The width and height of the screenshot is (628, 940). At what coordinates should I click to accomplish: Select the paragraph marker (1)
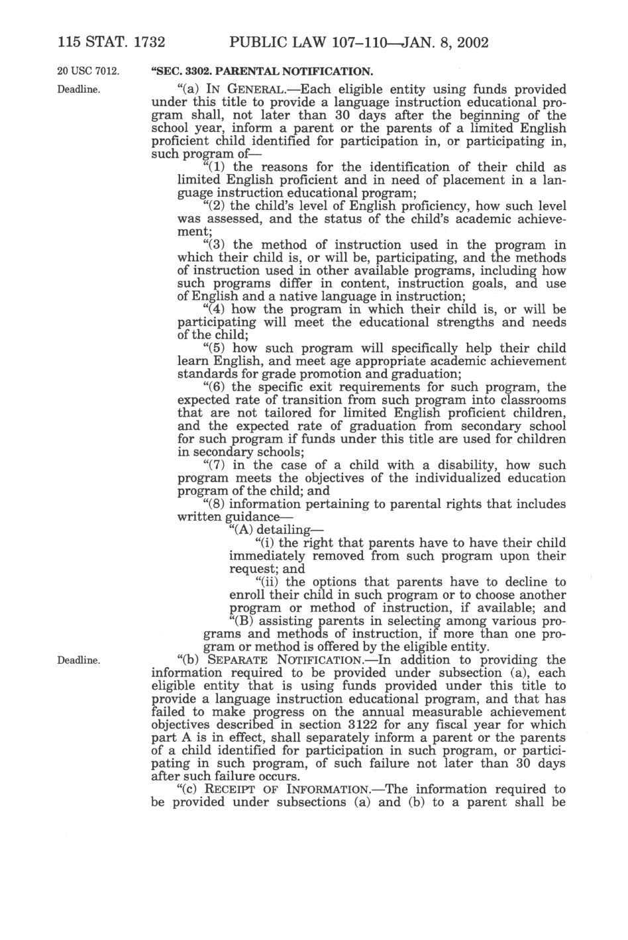coord(215,167)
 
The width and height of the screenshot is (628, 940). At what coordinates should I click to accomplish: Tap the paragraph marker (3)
coord(215,244)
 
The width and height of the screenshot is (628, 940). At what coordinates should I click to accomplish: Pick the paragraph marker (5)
coord(215,348)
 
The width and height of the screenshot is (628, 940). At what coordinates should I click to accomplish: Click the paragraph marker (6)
coord(215,388)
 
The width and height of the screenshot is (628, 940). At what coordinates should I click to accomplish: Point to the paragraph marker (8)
coord(215,504)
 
